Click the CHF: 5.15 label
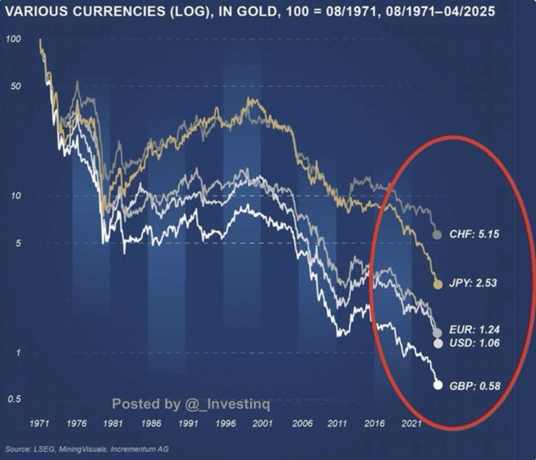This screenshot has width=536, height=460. point(475,234)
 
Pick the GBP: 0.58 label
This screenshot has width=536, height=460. point(475,385)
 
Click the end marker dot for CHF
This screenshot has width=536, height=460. point(437,235)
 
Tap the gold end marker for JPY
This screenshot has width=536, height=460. point(438,283)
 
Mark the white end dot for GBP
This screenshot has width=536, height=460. point(438,385)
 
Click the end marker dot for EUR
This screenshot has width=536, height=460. point(438,333)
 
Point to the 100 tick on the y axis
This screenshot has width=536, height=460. point(13,39)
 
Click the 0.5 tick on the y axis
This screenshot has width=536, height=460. point(13,399)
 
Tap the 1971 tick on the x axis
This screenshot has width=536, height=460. point(39,424)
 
